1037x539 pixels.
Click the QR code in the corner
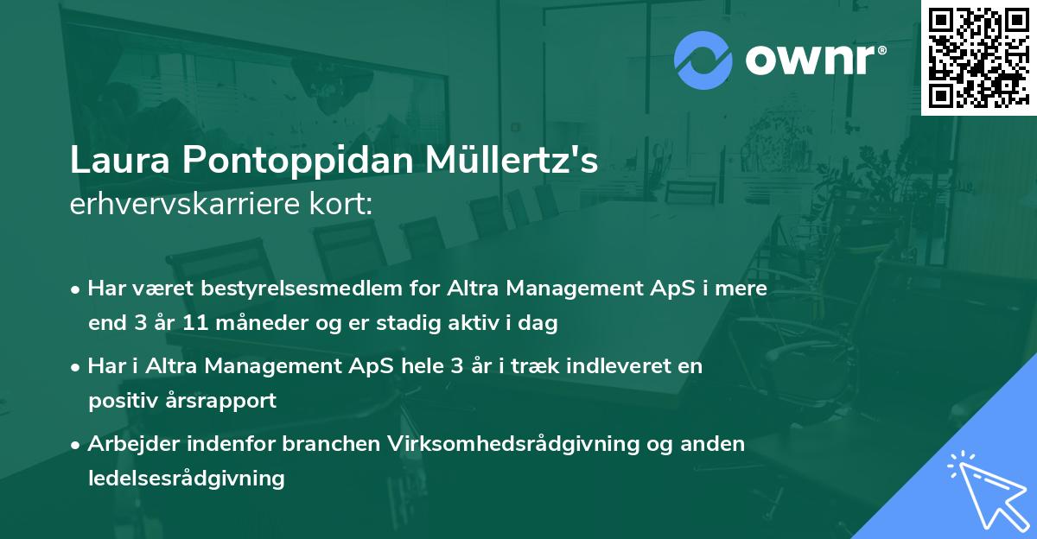[978, 57]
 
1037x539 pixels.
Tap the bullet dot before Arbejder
[77, 444]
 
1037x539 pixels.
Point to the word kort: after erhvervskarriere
[345, 205]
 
